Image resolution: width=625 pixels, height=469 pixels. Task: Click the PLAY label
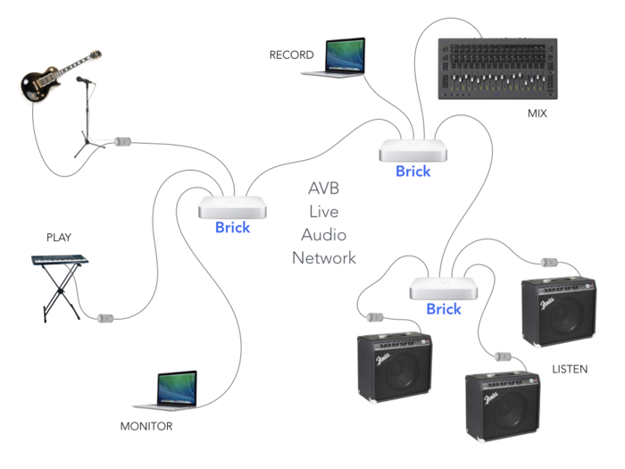point(59,238)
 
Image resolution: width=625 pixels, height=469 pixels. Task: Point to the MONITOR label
point(146,426)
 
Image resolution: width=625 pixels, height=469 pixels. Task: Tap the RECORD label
point(291,55)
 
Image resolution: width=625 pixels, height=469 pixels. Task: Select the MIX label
point(537,114)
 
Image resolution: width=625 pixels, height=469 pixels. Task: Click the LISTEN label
point(570,368)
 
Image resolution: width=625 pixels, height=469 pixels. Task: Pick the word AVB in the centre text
point(323,188)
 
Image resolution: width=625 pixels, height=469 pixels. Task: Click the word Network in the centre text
point(323,258)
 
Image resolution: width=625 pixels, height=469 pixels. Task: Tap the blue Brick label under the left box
point(232,227)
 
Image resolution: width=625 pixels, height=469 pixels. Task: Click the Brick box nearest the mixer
point(412,150)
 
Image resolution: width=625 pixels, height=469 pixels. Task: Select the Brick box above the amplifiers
point(443,288)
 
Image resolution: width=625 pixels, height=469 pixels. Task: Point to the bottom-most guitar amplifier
point(503,405)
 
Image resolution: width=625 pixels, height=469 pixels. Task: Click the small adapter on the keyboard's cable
point(105,317)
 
